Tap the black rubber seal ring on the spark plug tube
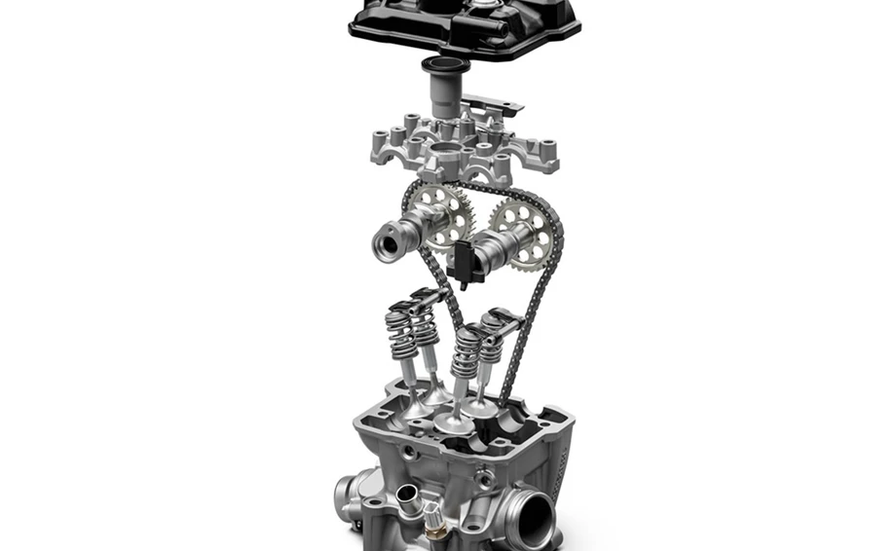tap(444, 68)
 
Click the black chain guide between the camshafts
tap(467, 263)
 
